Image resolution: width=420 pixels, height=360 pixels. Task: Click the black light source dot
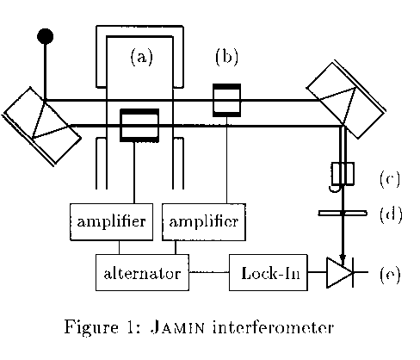[x=45, y=36]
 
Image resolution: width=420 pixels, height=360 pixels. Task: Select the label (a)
[x=142, y=57]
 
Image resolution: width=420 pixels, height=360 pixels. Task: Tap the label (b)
[x=226, y=57]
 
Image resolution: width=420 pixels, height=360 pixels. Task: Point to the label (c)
[x=390, y=179]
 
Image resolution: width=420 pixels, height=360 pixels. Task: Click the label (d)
[x=391, y=214]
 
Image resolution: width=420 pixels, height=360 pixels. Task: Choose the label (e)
[x=390, y=275]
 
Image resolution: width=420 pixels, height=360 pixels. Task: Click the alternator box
[x=142, y=272]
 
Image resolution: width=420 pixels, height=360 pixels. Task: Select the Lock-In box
[x=269, y=272]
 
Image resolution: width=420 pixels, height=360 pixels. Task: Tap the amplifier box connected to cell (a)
[x=111, y=222]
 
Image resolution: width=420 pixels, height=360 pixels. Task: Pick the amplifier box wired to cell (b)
[x=204, y=222]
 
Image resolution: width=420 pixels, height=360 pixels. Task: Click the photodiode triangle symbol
[x=339, y=272]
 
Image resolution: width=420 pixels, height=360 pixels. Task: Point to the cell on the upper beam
[x=226, y=100]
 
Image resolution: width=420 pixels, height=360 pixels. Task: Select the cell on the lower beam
[x=139, y=125]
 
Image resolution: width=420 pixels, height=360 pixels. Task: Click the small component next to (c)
[x=343, y=174]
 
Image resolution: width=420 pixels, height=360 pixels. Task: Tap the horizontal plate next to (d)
[x=343, y=214]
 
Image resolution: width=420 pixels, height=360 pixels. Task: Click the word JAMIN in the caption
[x=177, y=327]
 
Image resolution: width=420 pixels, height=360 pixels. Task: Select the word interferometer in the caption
[x=273, y=327]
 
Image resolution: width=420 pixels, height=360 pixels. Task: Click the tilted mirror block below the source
[x=42, y=126]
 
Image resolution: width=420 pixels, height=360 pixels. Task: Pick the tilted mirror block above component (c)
[x=346, y=100]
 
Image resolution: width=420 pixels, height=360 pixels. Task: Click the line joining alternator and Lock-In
[x=209, y=272]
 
